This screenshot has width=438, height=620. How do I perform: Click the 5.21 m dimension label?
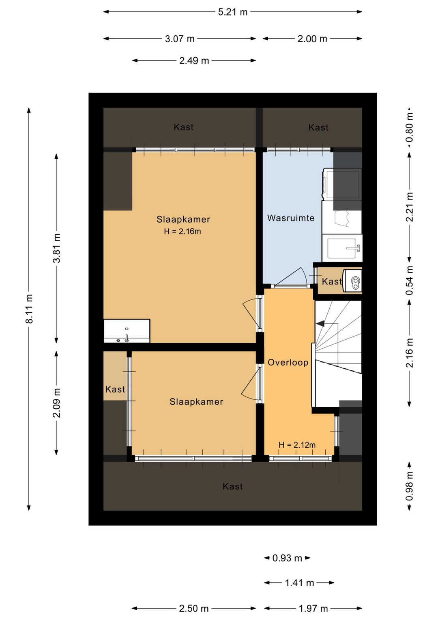(233, 12)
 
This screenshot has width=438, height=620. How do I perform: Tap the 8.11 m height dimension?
(29, 308)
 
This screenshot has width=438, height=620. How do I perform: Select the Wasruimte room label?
(291, 218)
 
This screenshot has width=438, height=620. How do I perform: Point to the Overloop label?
(288, 362)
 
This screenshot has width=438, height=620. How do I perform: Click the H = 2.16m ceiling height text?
(182, 232)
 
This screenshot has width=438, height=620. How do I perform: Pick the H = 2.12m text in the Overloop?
(297, 445)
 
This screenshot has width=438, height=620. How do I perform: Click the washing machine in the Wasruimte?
(342, 184)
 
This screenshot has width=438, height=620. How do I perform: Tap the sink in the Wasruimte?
(342, 248)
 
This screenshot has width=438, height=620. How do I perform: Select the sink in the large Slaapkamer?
(127, 331)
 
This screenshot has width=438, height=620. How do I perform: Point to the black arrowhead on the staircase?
(320, 323)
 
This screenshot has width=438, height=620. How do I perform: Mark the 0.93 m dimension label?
(287, 558)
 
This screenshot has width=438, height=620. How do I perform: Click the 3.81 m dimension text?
(57, 248)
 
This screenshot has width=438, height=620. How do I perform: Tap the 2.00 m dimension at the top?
(312, 39)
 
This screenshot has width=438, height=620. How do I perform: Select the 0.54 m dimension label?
(410, 280)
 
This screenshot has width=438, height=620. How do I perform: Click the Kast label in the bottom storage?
(233, 486)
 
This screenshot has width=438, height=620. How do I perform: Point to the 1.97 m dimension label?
(313, 609)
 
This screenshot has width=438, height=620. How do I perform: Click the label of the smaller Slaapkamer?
(196, 401)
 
